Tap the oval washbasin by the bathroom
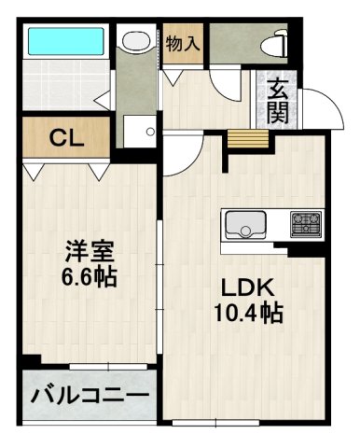137,42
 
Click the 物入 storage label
183,41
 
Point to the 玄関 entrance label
278,103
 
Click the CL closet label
66,140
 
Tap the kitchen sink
245,225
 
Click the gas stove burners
305,224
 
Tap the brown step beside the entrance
248,138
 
